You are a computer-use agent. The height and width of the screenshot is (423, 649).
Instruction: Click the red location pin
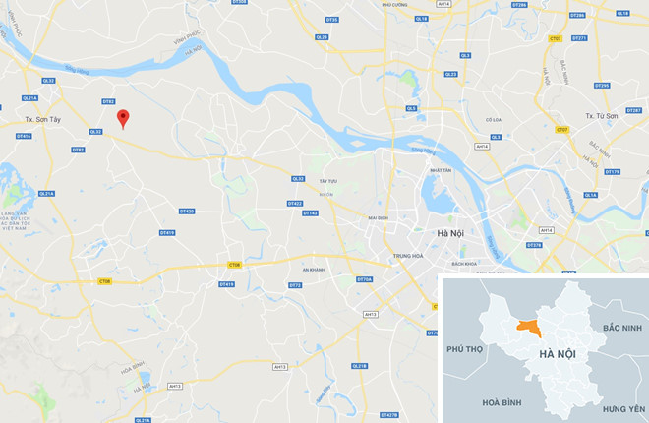(x=122, y=118)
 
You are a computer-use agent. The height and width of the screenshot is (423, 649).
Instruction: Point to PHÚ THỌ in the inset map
(x=466, y=349)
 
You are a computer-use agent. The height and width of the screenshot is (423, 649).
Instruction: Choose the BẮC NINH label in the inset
(x=621, y=327)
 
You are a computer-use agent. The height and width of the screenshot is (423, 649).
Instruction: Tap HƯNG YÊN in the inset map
(x=623, y=408)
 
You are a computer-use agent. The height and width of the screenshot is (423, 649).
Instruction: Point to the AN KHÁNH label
(x=314, y=269)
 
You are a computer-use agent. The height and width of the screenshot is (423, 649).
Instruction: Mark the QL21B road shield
(x=359, y=366)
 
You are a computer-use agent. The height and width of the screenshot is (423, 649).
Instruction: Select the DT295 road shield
(x=602, y=86)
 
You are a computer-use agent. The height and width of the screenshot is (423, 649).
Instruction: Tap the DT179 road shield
(x=612, y=172)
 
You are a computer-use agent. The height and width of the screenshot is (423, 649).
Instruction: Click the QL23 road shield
(x=450, y=74)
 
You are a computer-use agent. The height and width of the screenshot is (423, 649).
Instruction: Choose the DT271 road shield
(x=579, y=38)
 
